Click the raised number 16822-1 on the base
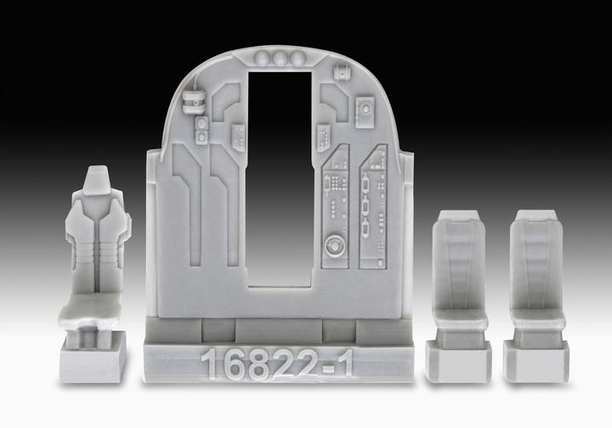click(277, 366)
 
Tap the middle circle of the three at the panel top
click(279, 58)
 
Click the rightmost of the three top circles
click(297, 58)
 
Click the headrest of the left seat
click(99, 183)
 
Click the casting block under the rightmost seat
click(535, 361)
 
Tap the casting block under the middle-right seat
click(460, 361)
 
